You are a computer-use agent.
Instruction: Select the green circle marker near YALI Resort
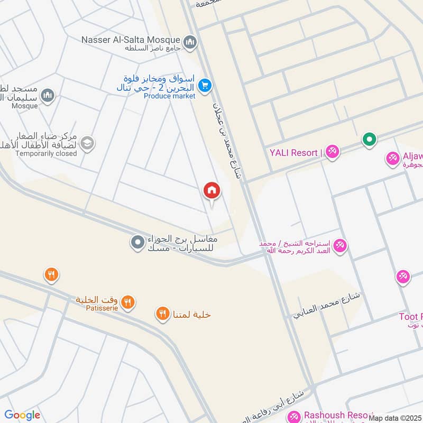point(369,140)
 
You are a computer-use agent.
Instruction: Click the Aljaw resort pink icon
point(393,158)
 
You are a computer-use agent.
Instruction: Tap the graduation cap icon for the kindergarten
point(87,143)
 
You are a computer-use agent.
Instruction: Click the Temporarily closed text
point(46,153)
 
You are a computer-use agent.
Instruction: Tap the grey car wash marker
point(137,243)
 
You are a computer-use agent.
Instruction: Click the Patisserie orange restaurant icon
point(127,302)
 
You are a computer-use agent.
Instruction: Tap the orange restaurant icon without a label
point(51,274)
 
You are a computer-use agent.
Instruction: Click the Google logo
point(22,415)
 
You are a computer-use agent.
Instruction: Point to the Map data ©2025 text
point(395,418)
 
